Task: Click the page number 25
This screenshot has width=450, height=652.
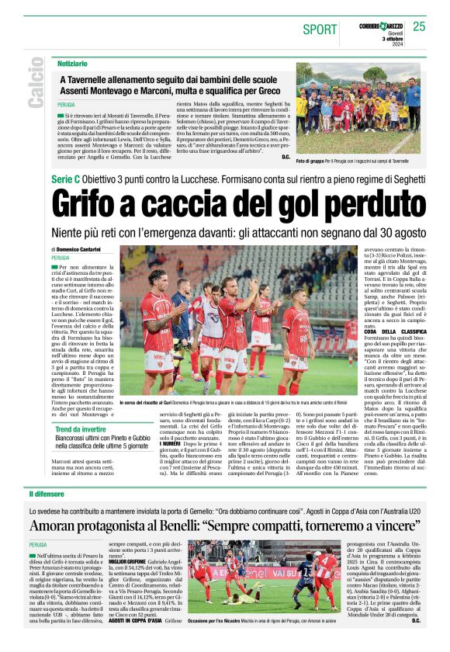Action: (x=419, y=26)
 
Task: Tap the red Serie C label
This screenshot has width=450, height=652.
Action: (x=71, y=179)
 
